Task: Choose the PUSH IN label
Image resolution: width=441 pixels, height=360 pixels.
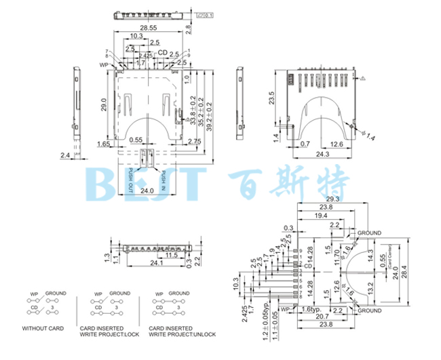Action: click(x=164, y=180)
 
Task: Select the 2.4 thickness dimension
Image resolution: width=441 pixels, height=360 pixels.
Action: click(x=64, y=155)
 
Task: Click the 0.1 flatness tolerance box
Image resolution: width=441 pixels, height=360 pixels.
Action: click(x=208, y=14)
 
